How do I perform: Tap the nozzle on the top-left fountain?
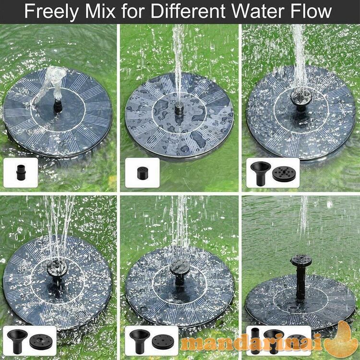tap(58, 106)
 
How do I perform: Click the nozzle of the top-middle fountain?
tap(179, 109)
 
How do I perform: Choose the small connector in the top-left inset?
tap(21, 172)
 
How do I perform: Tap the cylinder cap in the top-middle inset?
tap(142, 173)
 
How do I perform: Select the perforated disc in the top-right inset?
tap(284, 174)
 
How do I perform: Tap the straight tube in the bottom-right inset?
tap(255, 341)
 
